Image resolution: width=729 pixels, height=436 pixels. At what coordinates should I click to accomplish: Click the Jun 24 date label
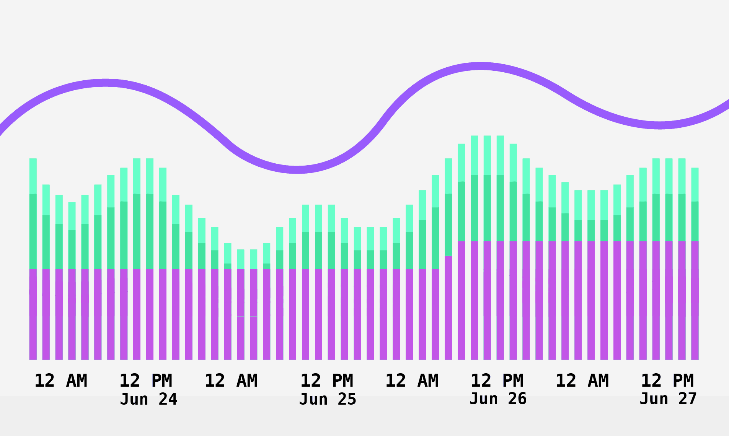tap(148, 399)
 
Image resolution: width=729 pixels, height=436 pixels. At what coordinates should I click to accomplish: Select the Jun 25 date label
tap(328, 399)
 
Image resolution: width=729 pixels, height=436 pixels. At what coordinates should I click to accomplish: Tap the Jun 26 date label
tap(498, 399)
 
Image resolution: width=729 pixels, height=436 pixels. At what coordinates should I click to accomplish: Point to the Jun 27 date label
tap(668, 399)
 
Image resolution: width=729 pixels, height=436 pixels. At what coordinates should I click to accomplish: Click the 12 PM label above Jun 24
tap(146, 381)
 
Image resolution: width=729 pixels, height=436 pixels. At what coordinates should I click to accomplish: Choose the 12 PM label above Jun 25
tap(326, 381)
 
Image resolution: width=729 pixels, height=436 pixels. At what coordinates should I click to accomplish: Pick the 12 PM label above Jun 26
tap(497, 381)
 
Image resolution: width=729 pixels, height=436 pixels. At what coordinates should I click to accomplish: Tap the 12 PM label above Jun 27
tap(667, 381)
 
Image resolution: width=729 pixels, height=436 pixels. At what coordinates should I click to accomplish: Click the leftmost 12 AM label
tap(61, 381)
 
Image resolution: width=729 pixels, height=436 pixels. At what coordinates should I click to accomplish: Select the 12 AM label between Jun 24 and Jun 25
tap(231, 381)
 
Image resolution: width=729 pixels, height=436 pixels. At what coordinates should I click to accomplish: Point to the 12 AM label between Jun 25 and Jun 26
tap(412, 381)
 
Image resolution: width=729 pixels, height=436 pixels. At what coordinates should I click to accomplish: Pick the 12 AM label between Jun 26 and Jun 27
tap(582, 381)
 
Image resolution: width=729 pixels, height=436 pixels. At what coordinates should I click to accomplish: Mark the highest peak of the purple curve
tap(481, 66)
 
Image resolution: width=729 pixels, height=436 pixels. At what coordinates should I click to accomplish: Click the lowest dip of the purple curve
tap(297, 170)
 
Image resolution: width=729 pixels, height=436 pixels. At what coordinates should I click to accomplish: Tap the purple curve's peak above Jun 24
tap(105, 83)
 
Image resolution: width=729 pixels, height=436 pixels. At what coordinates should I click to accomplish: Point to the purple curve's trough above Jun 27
tap(659, 125)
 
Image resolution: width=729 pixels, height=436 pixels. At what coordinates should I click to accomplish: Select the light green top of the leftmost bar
tap(33, 176)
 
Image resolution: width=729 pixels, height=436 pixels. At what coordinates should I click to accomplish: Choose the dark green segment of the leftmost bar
tap(33, 231)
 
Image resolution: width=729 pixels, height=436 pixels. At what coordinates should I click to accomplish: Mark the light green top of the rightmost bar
tap(695, 184)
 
